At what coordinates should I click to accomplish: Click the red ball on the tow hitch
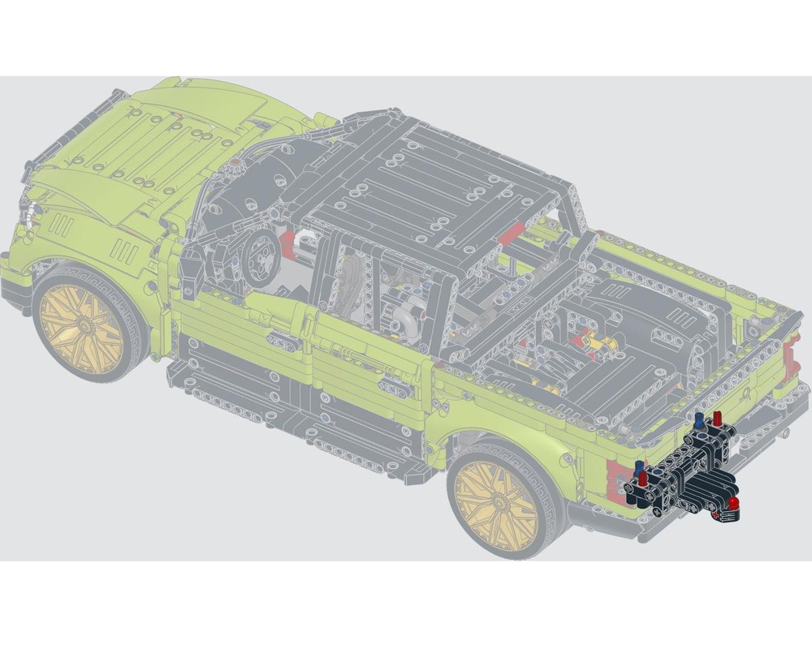(x=733, y=505)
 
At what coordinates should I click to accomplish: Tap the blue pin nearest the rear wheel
(x=638, y=466)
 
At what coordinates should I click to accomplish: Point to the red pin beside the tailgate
(x=717, y=419)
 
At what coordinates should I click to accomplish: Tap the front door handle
(x=283, y=342)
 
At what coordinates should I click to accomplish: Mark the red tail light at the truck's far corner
(x=790, y=358)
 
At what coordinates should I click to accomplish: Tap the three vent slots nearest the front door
(x=124, y=251)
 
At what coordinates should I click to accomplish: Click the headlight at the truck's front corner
(x=31, y=213)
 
